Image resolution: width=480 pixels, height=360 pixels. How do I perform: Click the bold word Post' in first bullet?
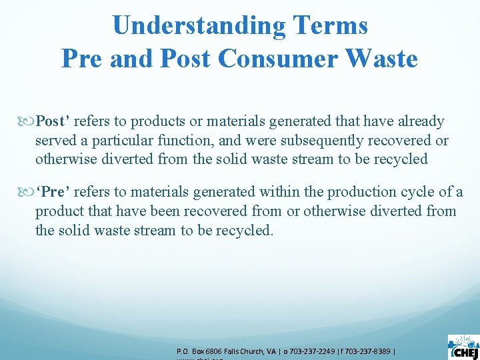click(x=53, y=121)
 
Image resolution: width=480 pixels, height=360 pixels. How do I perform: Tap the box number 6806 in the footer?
click(x=213, y=351)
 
